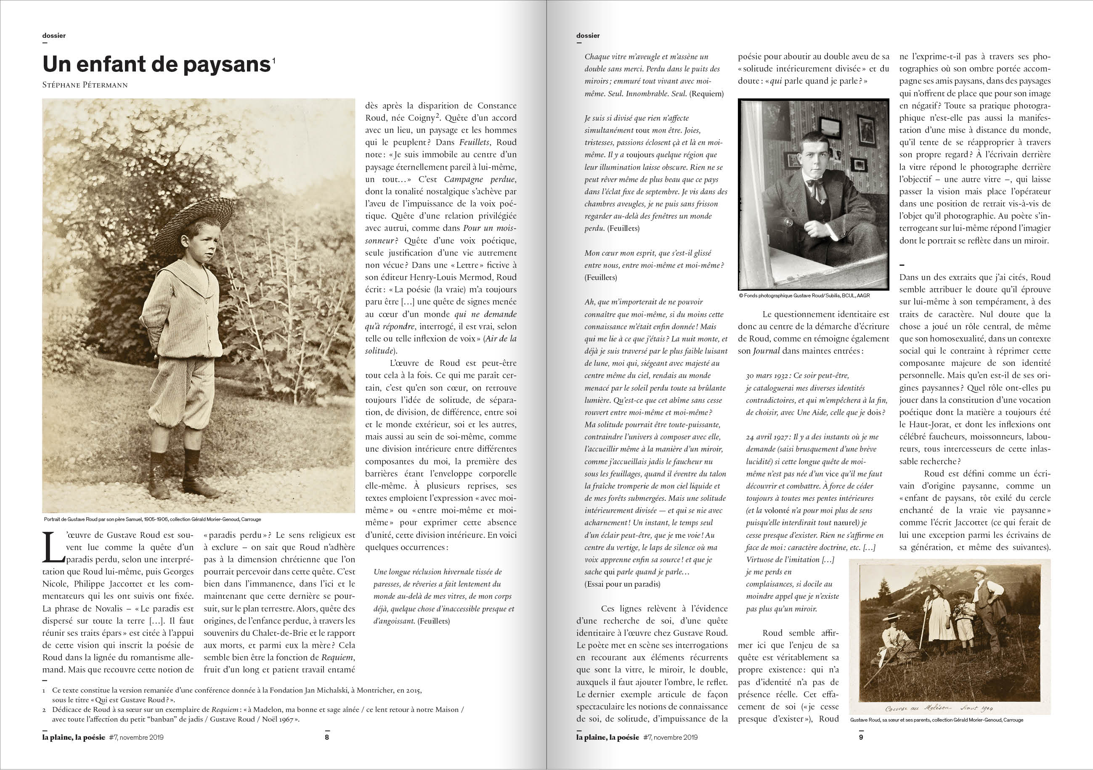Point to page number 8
(326, 738)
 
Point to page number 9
(861, 738)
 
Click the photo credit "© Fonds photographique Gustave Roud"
(804, 296)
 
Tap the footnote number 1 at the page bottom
(44, 690)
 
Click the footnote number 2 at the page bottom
(44, 709)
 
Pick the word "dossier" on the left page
(54, 36)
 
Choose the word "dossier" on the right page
(588, 36)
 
